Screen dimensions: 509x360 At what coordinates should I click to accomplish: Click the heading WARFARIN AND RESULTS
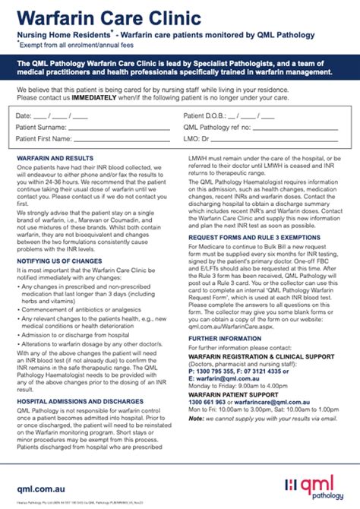click(54, 158)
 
